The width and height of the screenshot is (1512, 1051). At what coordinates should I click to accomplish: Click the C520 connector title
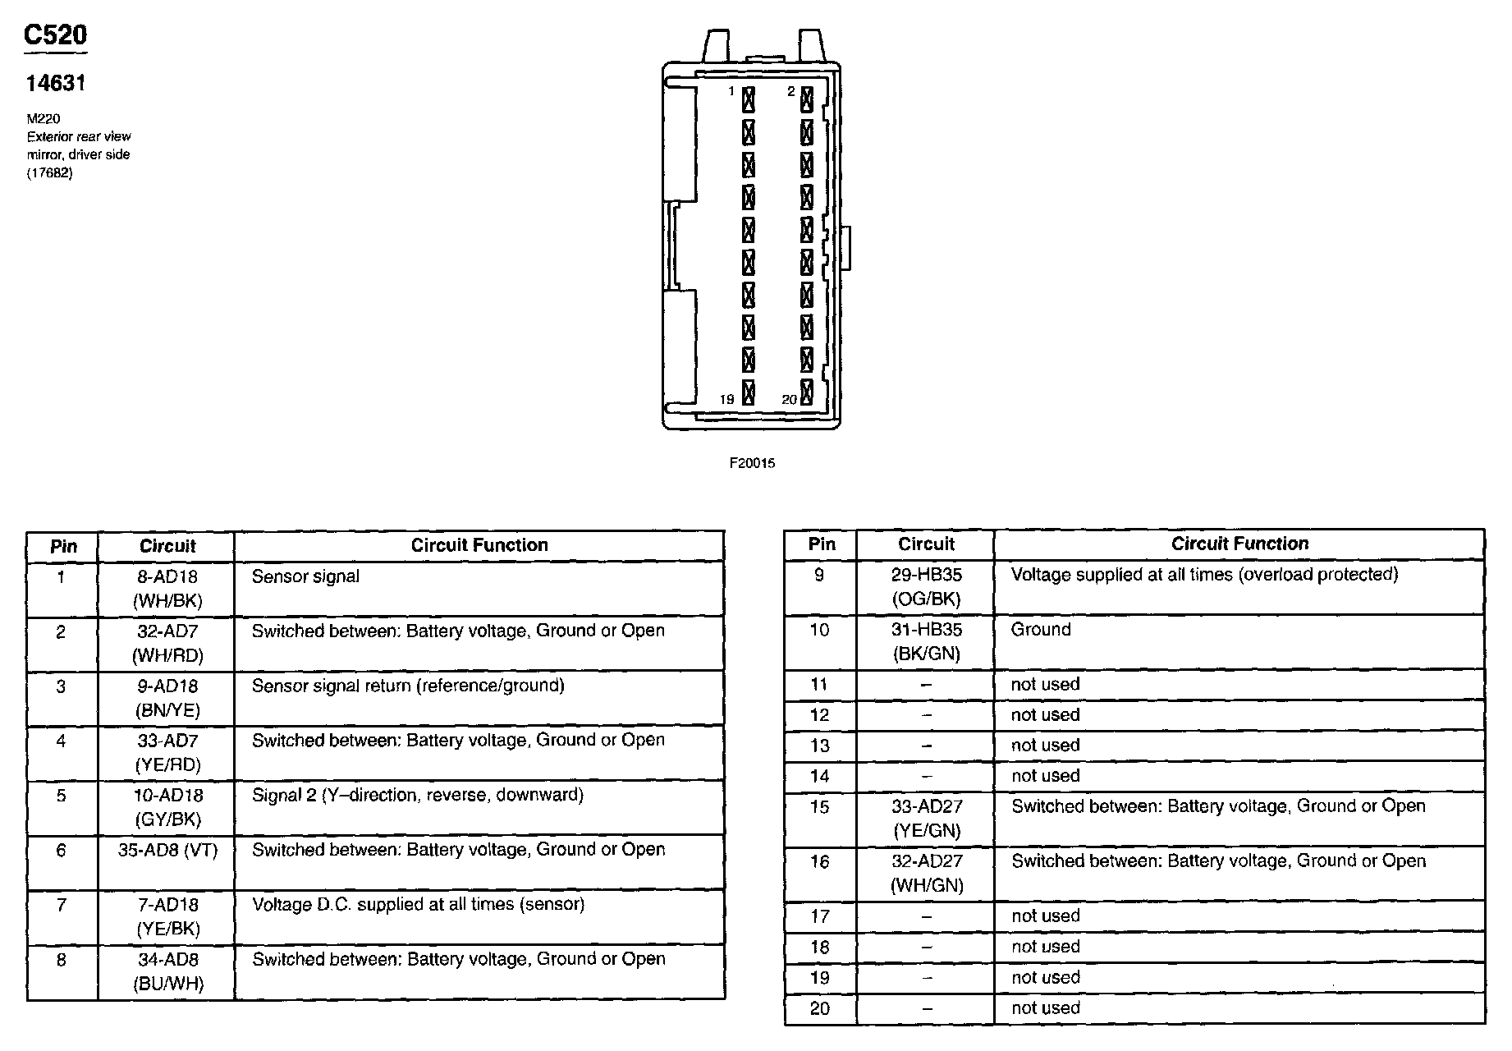pos(55,34)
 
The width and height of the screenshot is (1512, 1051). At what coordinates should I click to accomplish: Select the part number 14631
pos(56,83)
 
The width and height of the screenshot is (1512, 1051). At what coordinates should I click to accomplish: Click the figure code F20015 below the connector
pos(752,463)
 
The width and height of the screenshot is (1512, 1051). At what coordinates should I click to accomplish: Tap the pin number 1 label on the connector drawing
pos(731,91)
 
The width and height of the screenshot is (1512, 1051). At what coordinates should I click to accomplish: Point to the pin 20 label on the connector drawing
pos(789,400)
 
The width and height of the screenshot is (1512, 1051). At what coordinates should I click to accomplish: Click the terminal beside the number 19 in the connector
pos(749,392)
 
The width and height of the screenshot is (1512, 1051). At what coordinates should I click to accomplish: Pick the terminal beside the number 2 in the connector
pos(807,99)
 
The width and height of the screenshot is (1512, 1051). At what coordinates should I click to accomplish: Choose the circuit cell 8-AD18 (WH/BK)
pos(167,589)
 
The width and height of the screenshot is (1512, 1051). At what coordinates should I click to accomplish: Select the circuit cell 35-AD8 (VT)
pos(167,850)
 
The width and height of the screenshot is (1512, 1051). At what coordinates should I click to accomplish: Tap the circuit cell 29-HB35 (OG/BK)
pos(926,586)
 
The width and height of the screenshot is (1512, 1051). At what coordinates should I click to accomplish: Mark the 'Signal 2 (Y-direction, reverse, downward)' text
pos(418,795)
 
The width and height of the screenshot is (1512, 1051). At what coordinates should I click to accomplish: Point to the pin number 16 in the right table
pos(819,861)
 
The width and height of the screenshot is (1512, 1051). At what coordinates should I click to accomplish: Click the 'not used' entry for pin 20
pos(1046,1007)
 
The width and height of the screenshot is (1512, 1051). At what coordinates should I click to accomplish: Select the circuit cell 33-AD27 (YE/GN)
pos(926,818)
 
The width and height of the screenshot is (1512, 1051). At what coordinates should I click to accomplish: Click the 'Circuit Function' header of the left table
pos(479,545)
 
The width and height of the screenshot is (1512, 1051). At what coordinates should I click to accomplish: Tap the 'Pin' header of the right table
pos(822,544)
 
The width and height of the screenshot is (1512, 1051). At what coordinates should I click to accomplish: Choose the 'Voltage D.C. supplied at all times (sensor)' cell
pos(418,904)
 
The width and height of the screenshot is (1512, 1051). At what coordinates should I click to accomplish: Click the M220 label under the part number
pos(44,119)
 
